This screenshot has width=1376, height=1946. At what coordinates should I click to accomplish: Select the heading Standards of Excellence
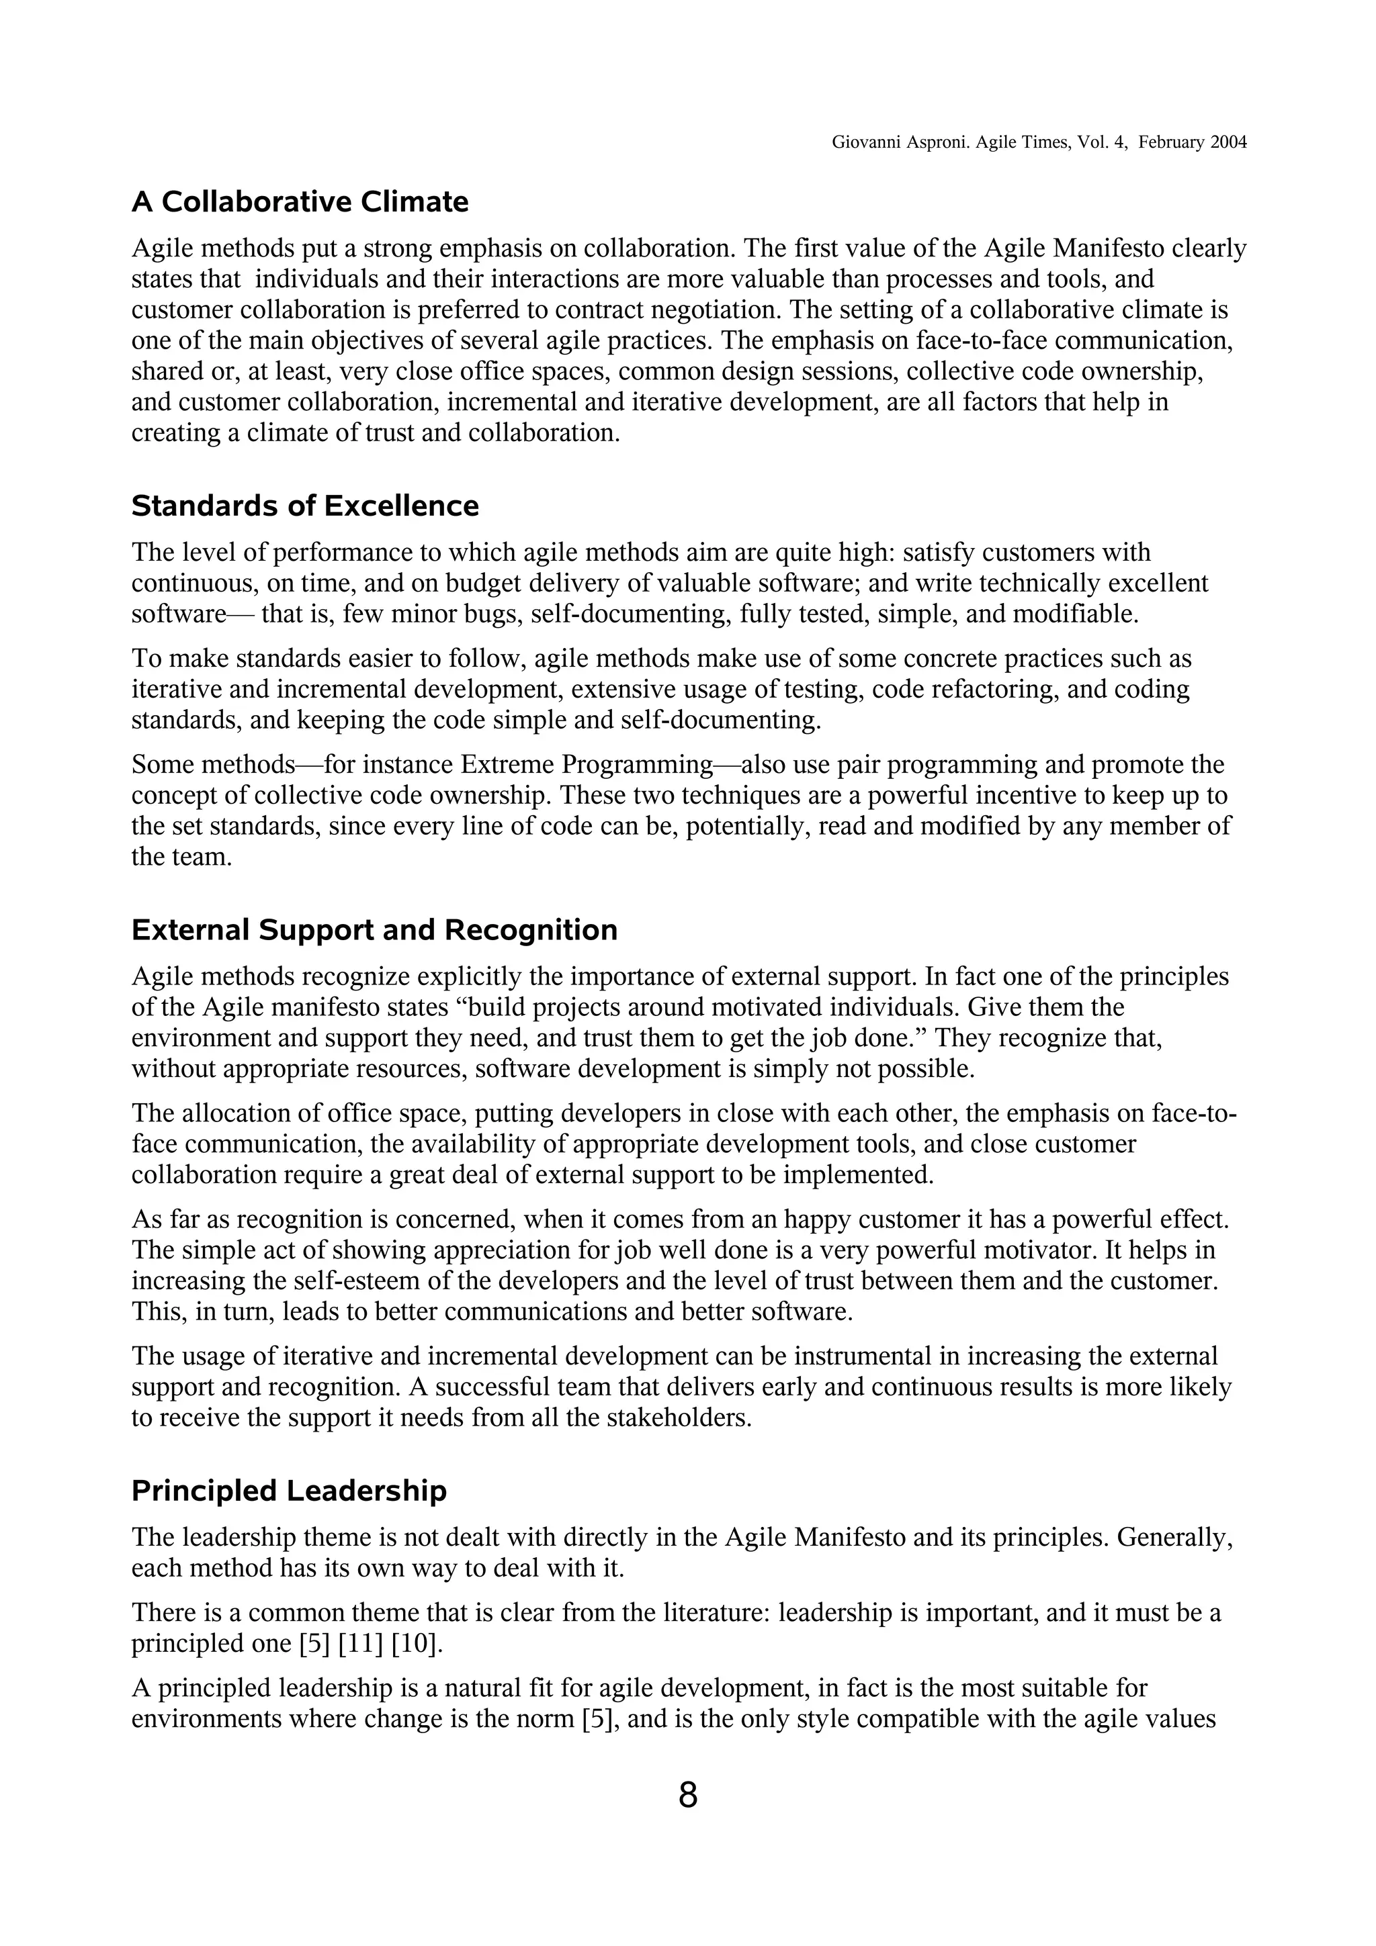(304, 506)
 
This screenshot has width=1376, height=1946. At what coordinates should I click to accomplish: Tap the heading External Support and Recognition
(374, 930)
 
